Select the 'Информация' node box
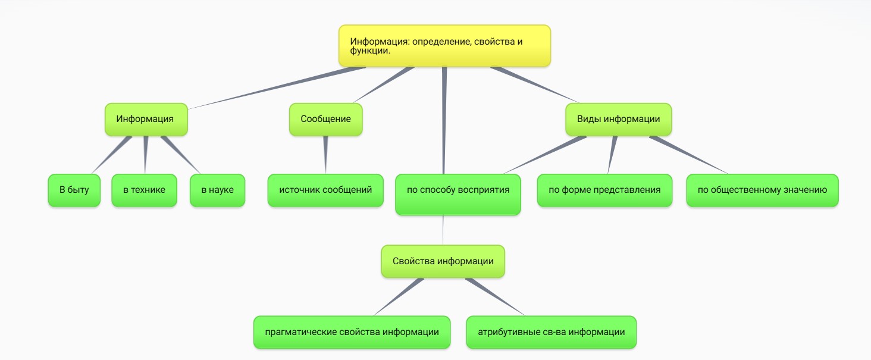145,119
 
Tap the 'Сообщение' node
325,119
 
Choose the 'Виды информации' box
618,119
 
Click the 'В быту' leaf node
74,190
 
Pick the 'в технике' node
144,190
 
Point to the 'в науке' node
217,190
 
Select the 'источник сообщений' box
325,190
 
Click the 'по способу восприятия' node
458,194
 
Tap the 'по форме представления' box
604,190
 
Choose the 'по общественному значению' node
762,190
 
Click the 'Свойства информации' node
443,261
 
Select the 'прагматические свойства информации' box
352,332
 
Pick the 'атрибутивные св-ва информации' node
551,332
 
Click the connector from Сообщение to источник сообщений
325,155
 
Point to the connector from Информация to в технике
146,155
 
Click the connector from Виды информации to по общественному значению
690,155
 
